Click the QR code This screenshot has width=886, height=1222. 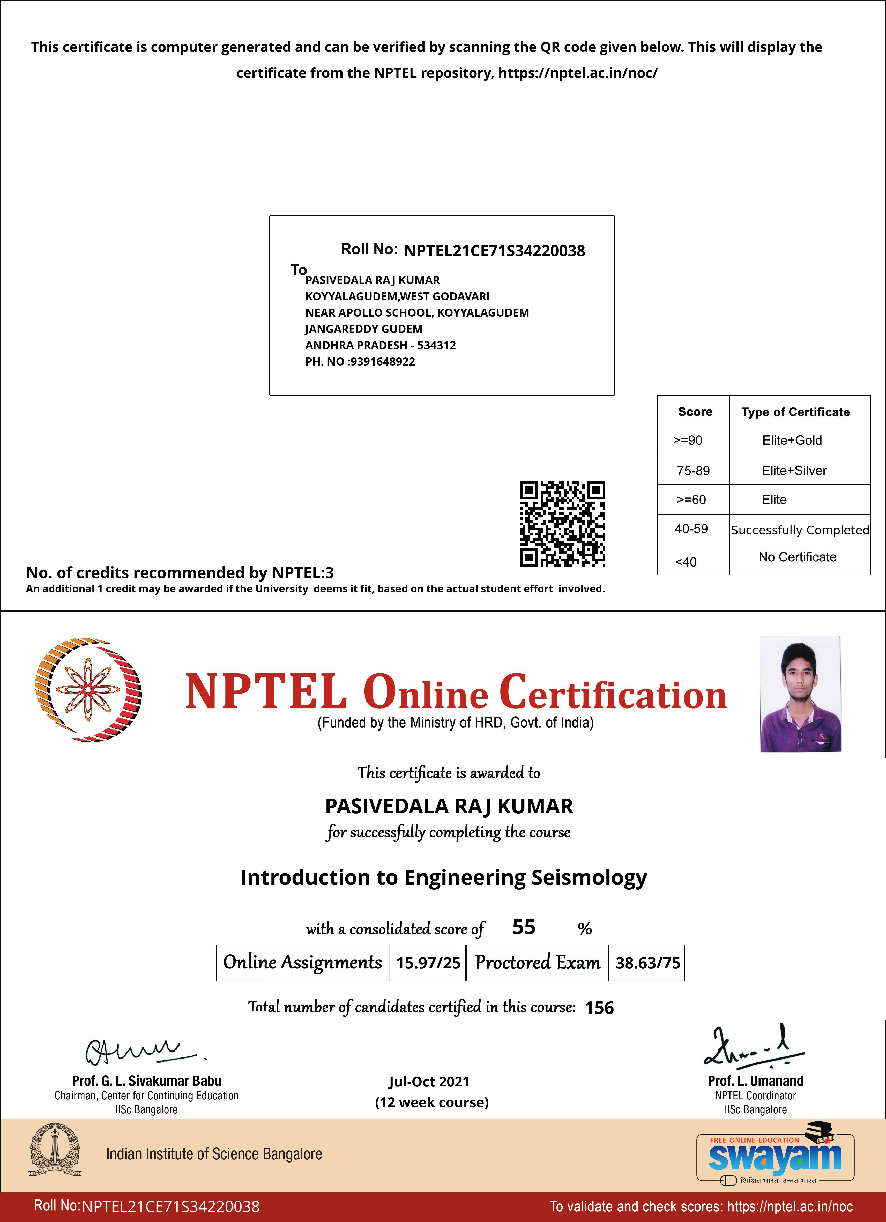(562, 523)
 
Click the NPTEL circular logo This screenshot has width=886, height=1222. (88, 690)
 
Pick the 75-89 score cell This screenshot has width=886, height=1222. (693, 470)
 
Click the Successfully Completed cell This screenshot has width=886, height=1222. (800, 530)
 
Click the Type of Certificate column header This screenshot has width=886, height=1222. (795, 412)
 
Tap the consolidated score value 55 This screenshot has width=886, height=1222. (523, 927)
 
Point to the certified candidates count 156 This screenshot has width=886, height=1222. (599, 1008)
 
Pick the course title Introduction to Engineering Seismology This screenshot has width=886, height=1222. (444, 877)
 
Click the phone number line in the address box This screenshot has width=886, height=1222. (360, 362)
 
